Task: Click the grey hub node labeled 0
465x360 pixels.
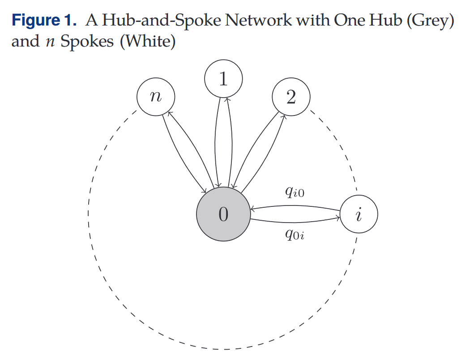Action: point(223,214)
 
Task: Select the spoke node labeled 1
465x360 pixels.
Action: point(223,79)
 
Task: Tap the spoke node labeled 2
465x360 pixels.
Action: point(291,97)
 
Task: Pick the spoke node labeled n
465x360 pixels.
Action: point(155,97)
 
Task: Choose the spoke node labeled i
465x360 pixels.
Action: point(358,214)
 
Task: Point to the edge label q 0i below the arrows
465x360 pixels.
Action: point(294,235)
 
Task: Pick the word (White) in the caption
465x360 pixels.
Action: point(147,42)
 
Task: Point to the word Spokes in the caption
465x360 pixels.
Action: point(87,42)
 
